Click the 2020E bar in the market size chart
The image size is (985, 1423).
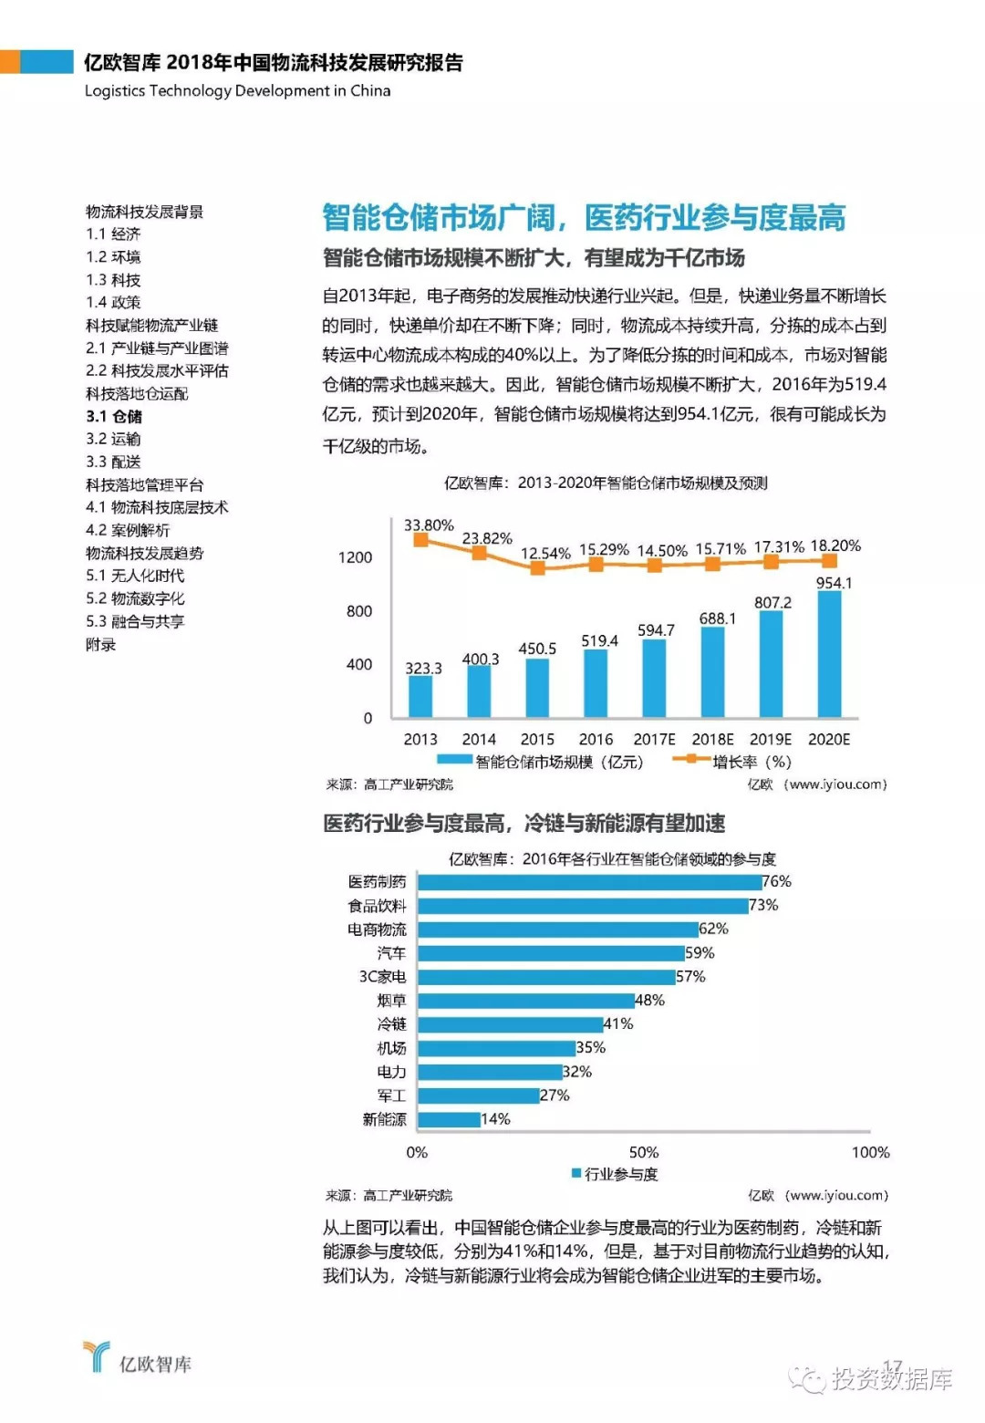pyautogui.click(x=829, y=654)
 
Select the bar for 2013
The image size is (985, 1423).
pyautogui.click(x=420, y=696)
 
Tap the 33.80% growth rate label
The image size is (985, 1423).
pyautogui.click(x=429, y=525)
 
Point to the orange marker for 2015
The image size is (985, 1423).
pyautogui.click(x=538, y=568)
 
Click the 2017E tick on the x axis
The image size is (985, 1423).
pyautogui.click(x=654, y=740)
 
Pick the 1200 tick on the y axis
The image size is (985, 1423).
pyautogui.click(x=355, y=557)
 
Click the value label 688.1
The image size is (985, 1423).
pyautogui.click(x=718, y=618)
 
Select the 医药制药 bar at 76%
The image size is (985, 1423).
pyautogui.click(x=589, y=882)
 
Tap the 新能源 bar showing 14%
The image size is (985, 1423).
pyautogui.click(x=449, y=1119)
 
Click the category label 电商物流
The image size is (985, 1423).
pyautogui.click(x=377, y=930)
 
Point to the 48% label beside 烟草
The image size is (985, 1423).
pyautogui.click(x=649, y=1001)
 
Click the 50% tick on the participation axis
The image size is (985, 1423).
pyautogui.click(x=644, y=1153)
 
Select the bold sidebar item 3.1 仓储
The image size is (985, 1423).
pyautogui.click(x=114, y=417)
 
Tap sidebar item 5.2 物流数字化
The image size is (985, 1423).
pyautogui.click(x=135, y=599)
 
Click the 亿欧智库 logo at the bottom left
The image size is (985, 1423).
pyautogui.click(x=137, y=1359)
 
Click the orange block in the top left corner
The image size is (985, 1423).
pyautogui.click(x=9, y=62)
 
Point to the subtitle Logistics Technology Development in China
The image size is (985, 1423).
pyautogui.click(x=237, y=91)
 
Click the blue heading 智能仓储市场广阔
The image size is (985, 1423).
pyautogui.click(x=438, y=218)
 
